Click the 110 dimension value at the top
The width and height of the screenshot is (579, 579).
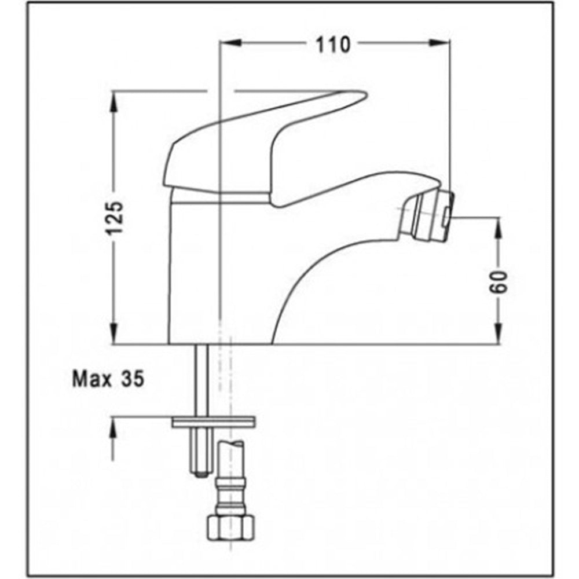pos(333,44)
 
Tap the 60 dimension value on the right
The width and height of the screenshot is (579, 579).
pos(499,282)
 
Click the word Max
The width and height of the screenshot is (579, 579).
pos(93,380)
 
